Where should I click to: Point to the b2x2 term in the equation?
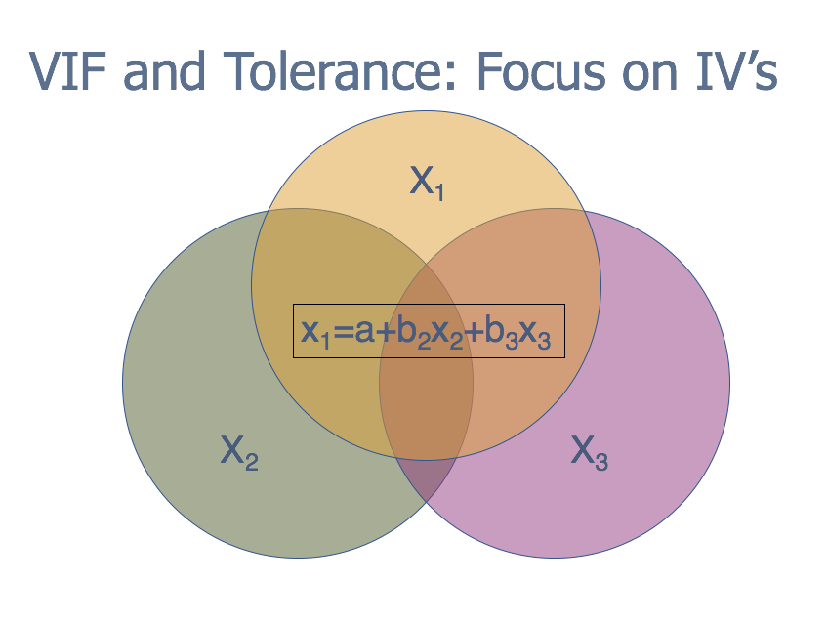tap(431, 334)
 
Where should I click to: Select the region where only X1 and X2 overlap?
tap(322, 264)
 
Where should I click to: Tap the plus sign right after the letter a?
tap(387, 333)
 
